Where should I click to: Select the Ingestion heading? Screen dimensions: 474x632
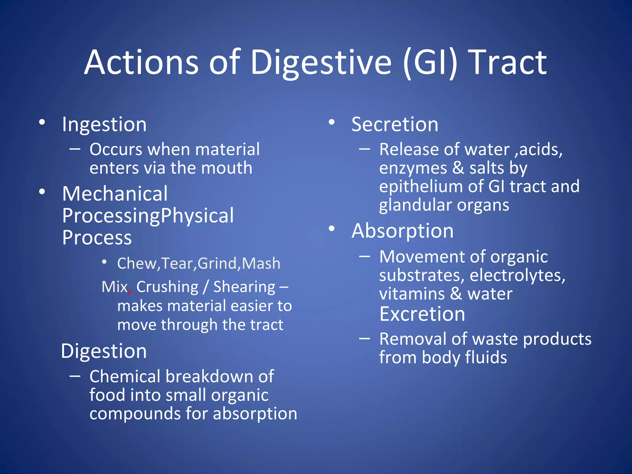tap(104, 125)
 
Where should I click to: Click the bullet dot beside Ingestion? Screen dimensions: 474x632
tap(42, 122)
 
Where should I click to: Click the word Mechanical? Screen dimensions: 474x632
tap(115, 194)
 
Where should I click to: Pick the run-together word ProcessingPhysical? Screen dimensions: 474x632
tap(148, 216)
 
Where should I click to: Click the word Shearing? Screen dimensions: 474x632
tap(244, 287)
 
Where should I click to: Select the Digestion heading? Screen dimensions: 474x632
tap(104, 351)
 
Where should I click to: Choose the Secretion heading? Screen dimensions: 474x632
tap(395, 125)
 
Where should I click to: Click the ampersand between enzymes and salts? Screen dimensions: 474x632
tap(458, 168)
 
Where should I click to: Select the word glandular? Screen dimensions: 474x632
tap(415, 205)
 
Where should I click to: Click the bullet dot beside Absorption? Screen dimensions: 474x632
tap(332, 229)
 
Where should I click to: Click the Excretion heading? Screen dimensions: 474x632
tap(422, 314)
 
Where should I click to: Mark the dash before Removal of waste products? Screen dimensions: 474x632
tap(364, 339)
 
